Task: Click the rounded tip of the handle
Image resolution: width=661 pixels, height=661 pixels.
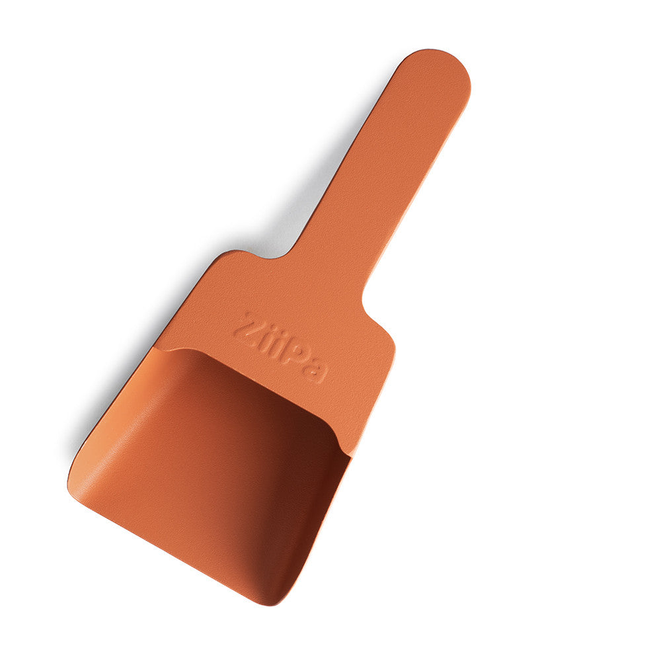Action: [x=442, y=66]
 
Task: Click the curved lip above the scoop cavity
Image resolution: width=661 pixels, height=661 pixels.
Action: [x=251, y=377]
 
